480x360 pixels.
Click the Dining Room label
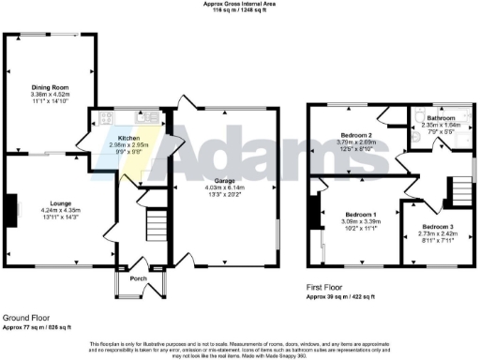pos(50,87)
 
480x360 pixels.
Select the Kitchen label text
pos(129,138)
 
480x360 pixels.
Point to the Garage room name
pos(224,181)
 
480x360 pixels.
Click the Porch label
pos(138,277)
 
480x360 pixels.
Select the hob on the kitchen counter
pos(103,118)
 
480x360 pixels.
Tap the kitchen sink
pos(146,118)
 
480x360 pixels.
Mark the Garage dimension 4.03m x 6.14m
pos(224,188)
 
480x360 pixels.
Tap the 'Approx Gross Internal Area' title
pos(239,4)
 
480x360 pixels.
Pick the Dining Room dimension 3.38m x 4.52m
pos(50,95)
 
